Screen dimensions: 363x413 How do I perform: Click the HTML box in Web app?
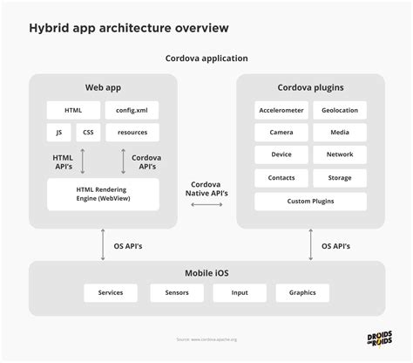pos(73,111)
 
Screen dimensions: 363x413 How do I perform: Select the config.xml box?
pos(132,111)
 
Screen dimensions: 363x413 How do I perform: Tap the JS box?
pos(59,133)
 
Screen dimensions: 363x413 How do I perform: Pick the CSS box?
pos(88,133)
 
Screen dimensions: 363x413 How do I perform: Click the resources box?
pos(132,133)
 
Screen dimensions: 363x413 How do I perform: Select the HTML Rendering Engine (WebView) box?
pos(103,194)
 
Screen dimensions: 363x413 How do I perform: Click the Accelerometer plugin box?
pos(281,111)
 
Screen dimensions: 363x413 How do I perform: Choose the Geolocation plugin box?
pos(340,111)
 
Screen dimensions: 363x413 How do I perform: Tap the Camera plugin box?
pos(281,133)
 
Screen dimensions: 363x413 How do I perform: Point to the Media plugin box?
pos(340,133)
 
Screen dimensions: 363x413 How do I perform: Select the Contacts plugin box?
pos(281,178)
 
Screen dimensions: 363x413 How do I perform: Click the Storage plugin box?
pos(340,178)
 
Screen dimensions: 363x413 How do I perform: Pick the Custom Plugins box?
pos(311,201)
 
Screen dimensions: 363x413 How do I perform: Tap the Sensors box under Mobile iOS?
pos(176,292)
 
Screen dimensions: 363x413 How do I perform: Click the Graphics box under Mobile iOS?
pos(302,292)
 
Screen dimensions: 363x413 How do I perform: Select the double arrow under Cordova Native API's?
pos(206,204)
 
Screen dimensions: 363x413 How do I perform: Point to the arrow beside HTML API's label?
pos(81,161)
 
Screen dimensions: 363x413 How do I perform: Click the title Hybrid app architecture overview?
pos(130,28)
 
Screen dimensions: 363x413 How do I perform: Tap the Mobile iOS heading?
pos(206,271)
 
